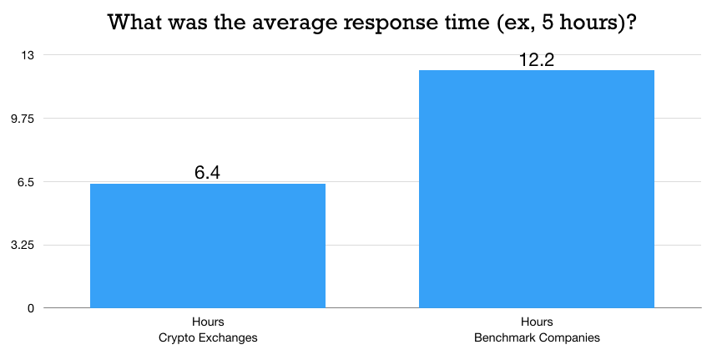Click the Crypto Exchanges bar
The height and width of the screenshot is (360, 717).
[207, 246]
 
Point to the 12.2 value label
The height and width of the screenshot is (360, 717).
[537, 59]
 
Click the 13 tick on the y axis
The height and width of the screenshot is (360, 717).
[28, 55]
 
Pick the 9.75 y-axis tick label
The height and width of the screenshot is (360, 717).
[22, 119]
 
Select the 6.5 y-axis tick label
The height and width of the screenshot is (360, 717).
[24, 182]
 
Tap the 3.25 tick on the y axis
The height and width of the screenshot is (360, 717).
[22, 246]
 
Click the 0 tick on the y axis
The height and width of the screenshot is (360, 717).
[30, 308]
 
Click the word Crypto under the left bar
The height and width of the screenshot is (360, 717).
[176, 337]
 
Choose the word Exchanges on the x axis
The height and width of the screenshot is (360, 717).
[227, 337]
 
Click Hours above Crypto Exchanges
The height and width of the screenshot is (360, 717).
[208, 322]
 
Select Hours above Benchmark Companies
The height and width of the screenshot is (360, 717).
[537, 322]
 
